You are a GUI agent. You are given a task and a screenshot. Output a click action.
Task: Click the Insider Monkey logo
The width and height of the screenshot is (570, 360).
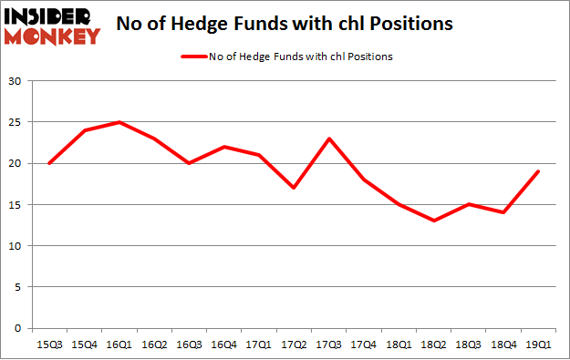coord(53,25)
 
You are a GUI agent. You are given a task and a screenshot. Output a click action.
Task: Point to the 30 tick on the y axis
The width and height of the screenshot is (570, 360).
coord(15,81)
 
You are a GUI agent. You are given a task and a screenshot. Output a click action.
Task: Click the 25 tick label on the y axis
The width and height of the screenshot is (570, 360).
coord(15,122)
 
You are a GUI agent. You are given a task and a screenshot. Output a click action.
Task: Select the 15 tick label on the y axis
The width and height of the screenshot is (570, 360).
coord(15,205)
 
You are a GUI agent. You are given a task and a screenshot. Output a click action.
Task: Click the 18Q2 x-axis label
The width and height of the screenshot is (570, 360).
coord(439,345)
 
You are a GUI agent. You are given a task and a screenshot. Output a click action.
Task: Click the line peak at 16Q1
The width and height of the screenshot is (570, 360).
coord(119,122)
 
